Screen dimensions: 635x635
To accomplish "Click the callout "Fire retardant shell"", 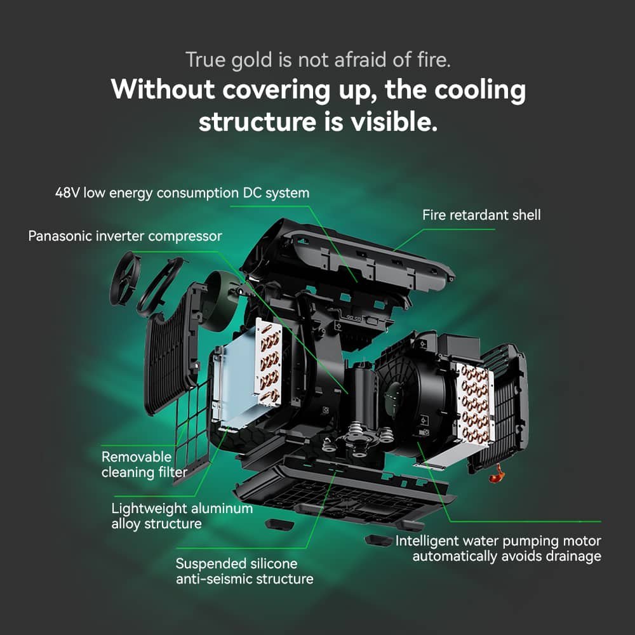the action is [481, 215].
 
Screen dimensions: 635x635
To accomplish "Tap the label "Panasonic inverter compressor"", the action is [125, 236].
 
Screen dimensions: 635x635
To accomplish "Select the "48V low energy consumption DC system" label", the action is [182, 192].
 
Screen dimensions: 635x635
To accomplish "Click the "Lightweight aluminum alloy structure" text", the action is [182, 516].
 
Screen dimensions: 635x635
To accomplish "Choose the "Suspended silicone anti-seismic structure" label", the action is [244, 571].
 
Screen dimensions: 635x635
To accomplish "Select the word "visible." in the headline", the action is [400, 121].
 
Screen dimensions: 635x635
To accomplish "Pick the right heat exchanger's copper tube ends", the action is [472, 400].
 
